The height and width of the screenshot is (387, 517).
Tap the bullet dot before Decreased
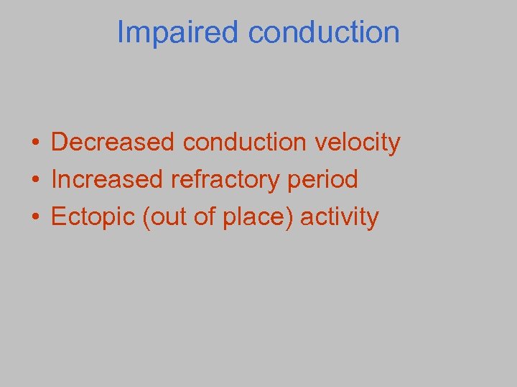pos(34,143)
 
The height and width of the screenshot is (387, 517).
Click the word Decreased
pos(113,143)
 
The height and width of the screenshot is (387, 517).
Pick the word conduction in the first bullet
pos(246,143)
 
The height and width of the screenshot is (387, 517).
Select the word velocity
pos(358,143)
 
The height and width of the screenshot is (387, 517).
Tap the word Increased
pos(107,180)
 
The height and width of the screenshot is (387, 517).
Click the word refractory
pos(225,180)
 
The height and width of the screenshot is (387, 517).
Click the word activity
pos(339,217)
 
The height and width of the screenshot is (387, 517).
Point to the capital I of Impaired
pos(121,32)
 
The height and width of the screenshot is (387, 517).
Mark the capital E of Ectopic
pos(58,216)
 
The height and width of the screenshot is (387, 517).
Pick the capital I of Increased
pos(55,179)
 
